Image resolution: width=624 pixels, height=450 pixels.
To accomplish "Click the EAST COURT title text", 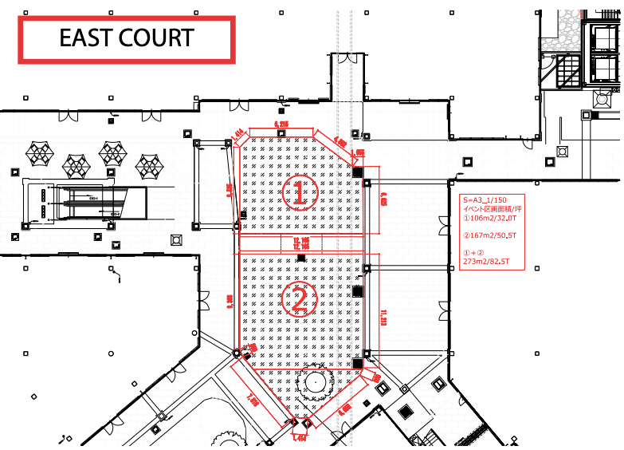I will [x=126, y=37].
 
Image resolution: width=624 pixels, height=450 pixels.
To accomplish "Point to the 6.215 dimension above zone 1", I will [x=281, y=124].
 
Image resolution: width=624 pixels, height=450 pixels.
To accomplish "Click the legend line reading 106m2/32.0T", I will [x=488, y=217].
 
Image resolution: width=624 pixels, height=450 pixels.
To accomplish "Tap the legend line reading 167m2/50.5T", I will [x=489, y=236].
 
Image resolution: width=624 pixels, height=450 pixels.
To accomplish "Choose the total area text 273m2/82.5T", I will [x=489, y=260].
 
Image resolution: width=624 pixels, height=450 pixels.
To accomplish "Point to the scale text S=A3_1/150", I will [x=483, y=199].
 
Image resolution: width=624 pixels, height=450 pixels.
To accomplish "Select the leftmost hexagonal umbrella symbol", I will [x=39, y=149].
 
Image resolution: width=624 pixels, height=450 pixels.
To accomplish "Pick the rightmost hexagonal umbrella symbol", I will [x=148, y=166].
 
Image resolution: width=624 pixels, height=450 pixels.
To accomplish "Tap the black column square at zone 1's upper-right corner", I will [x=358, y=170].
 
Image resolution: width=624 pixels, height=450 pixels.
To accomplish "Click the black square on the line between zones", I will [x=300, y=258].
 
